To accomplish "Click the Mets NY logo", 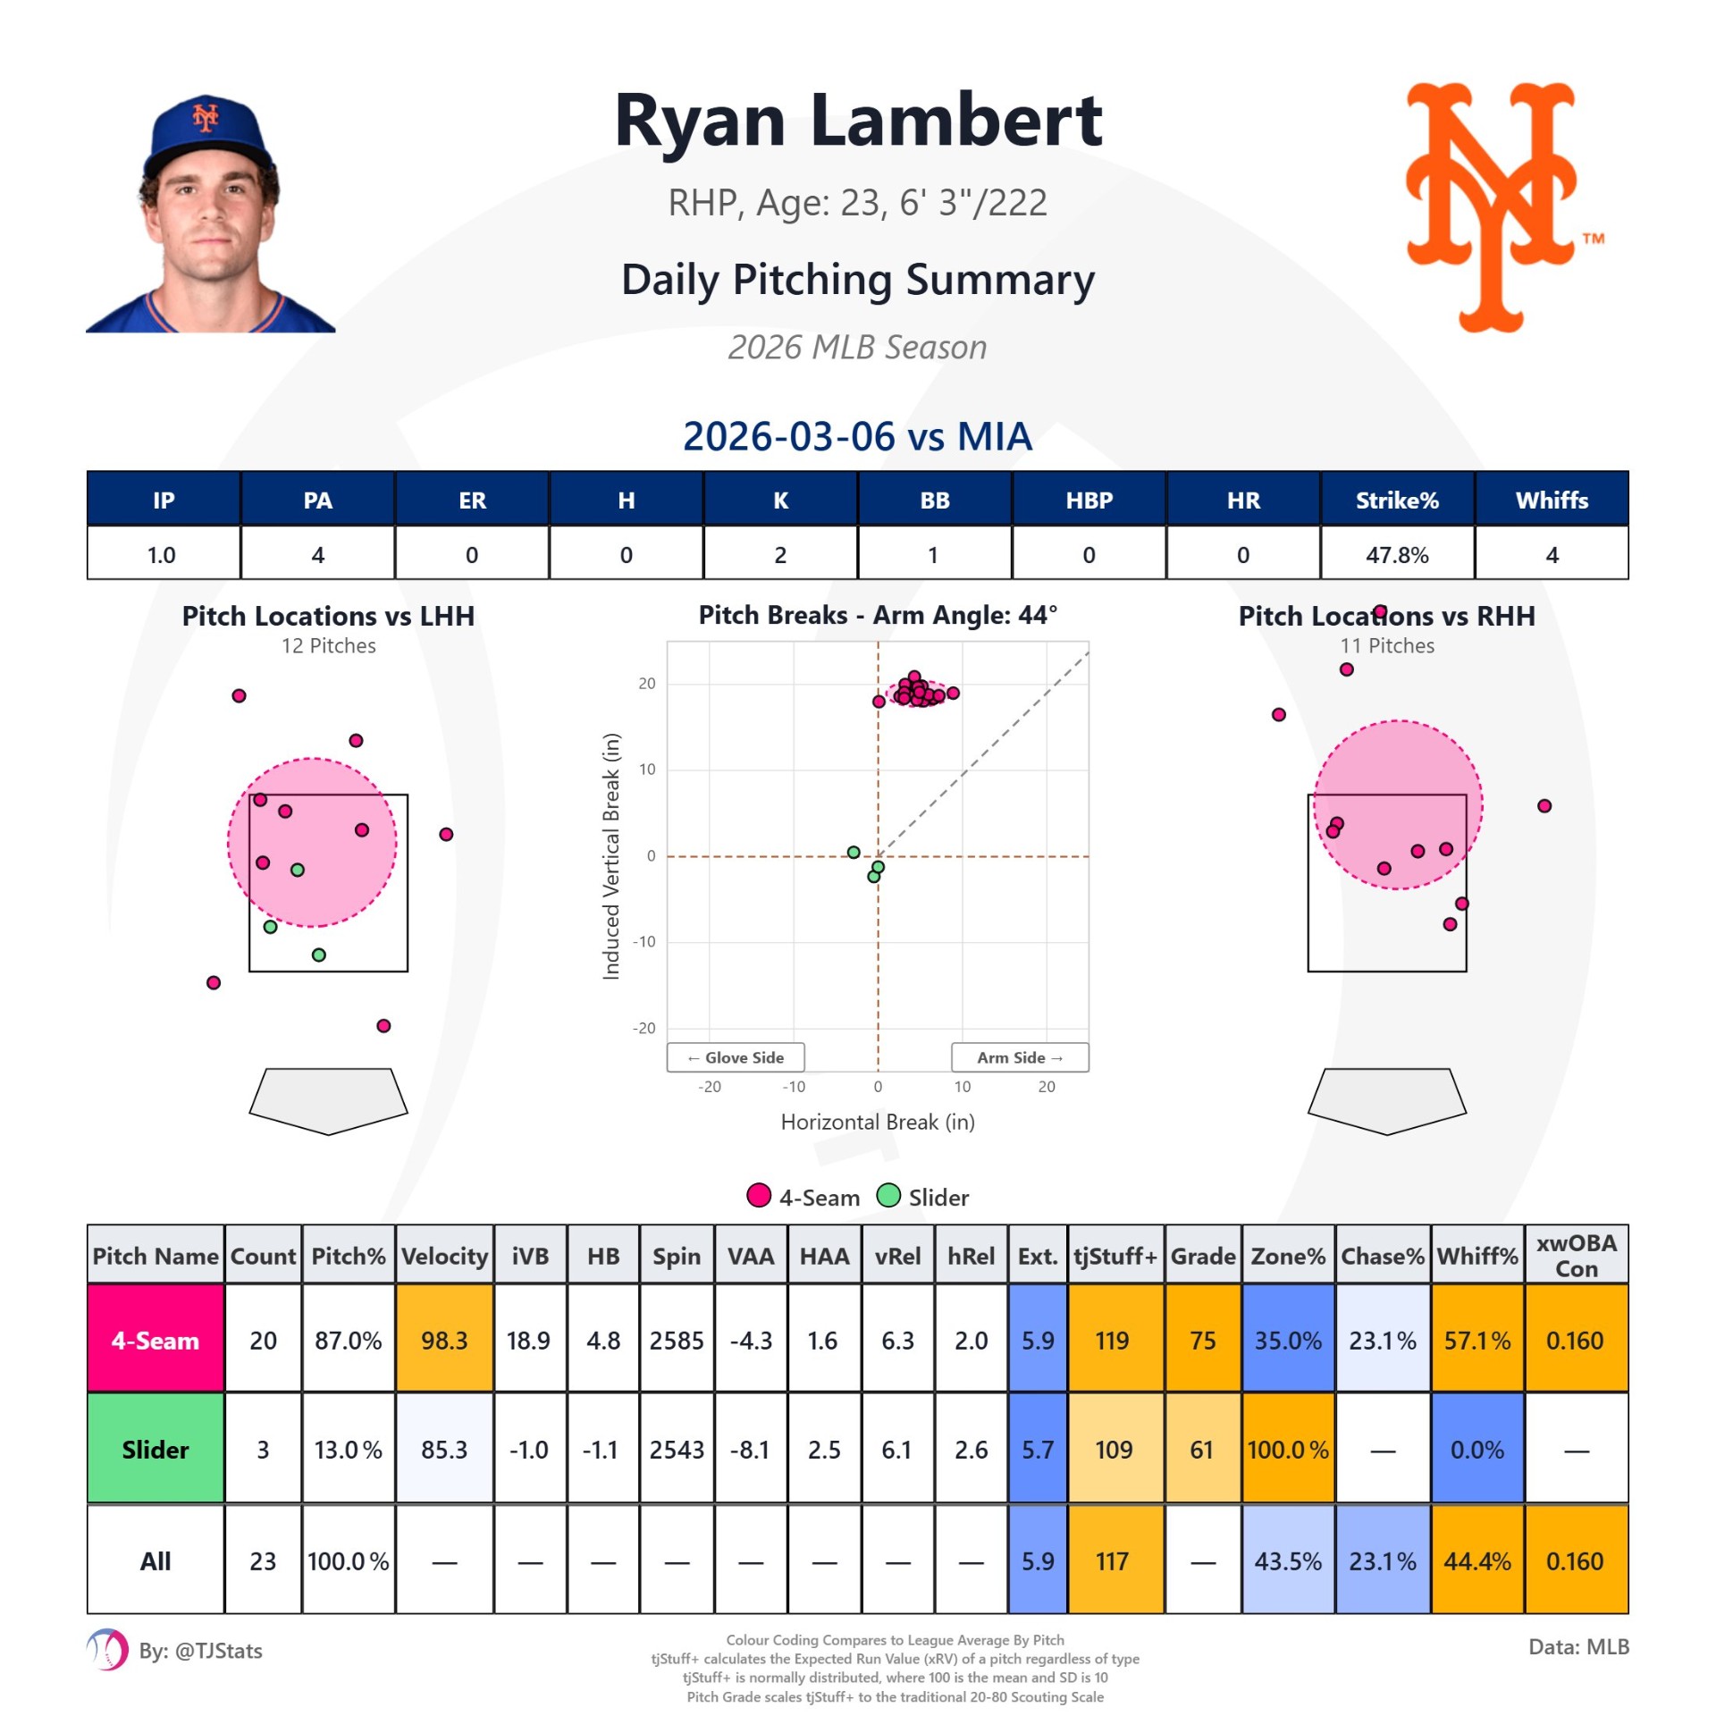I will [1490, 207].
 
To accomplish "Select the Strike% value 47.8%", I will [1397, 555].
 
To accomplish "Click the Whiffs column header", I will [1552, 500].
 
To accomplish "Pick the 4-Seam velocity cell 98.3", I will [444, 1341].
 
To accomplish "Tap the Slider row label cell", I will [156, 1450].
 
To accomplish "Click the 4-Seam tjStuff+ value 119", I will [1113, 1341].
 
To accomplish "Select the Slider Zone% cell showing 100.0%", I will [1288, 1450].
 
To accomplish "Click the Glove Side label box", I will [736, 1057].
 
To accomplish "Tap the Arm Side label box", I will [1020, 1057].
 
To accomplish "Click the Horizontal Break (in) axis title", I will [878, 1123].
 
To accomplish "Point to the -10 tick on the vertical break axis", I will [643, 942].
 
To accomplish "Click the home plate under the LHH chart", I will [328, 1099].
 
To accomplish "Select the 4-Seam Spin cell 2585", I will [677, 1341].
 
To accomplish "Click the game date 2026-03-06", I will [788, 437].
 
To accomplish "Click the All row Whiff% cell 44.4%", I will [1477, 1561].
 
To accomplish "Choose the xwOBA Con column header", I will [1576, 1256].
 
